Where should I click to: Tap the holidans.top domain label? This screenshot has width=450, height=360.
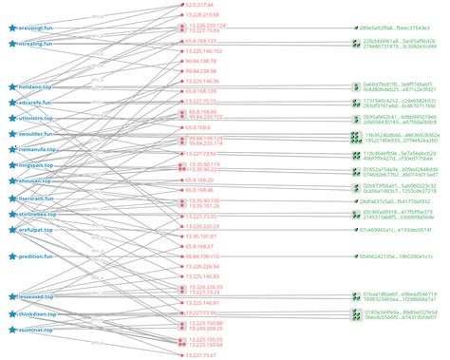(38, 85)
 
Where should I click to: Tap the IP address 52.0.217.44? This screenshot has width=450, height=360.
(202, 6)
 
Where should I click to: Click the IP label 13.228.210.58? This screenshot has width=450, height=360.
(204, 16)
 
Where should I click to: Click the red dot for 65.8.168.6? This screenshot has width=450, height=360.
(180, 126)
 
